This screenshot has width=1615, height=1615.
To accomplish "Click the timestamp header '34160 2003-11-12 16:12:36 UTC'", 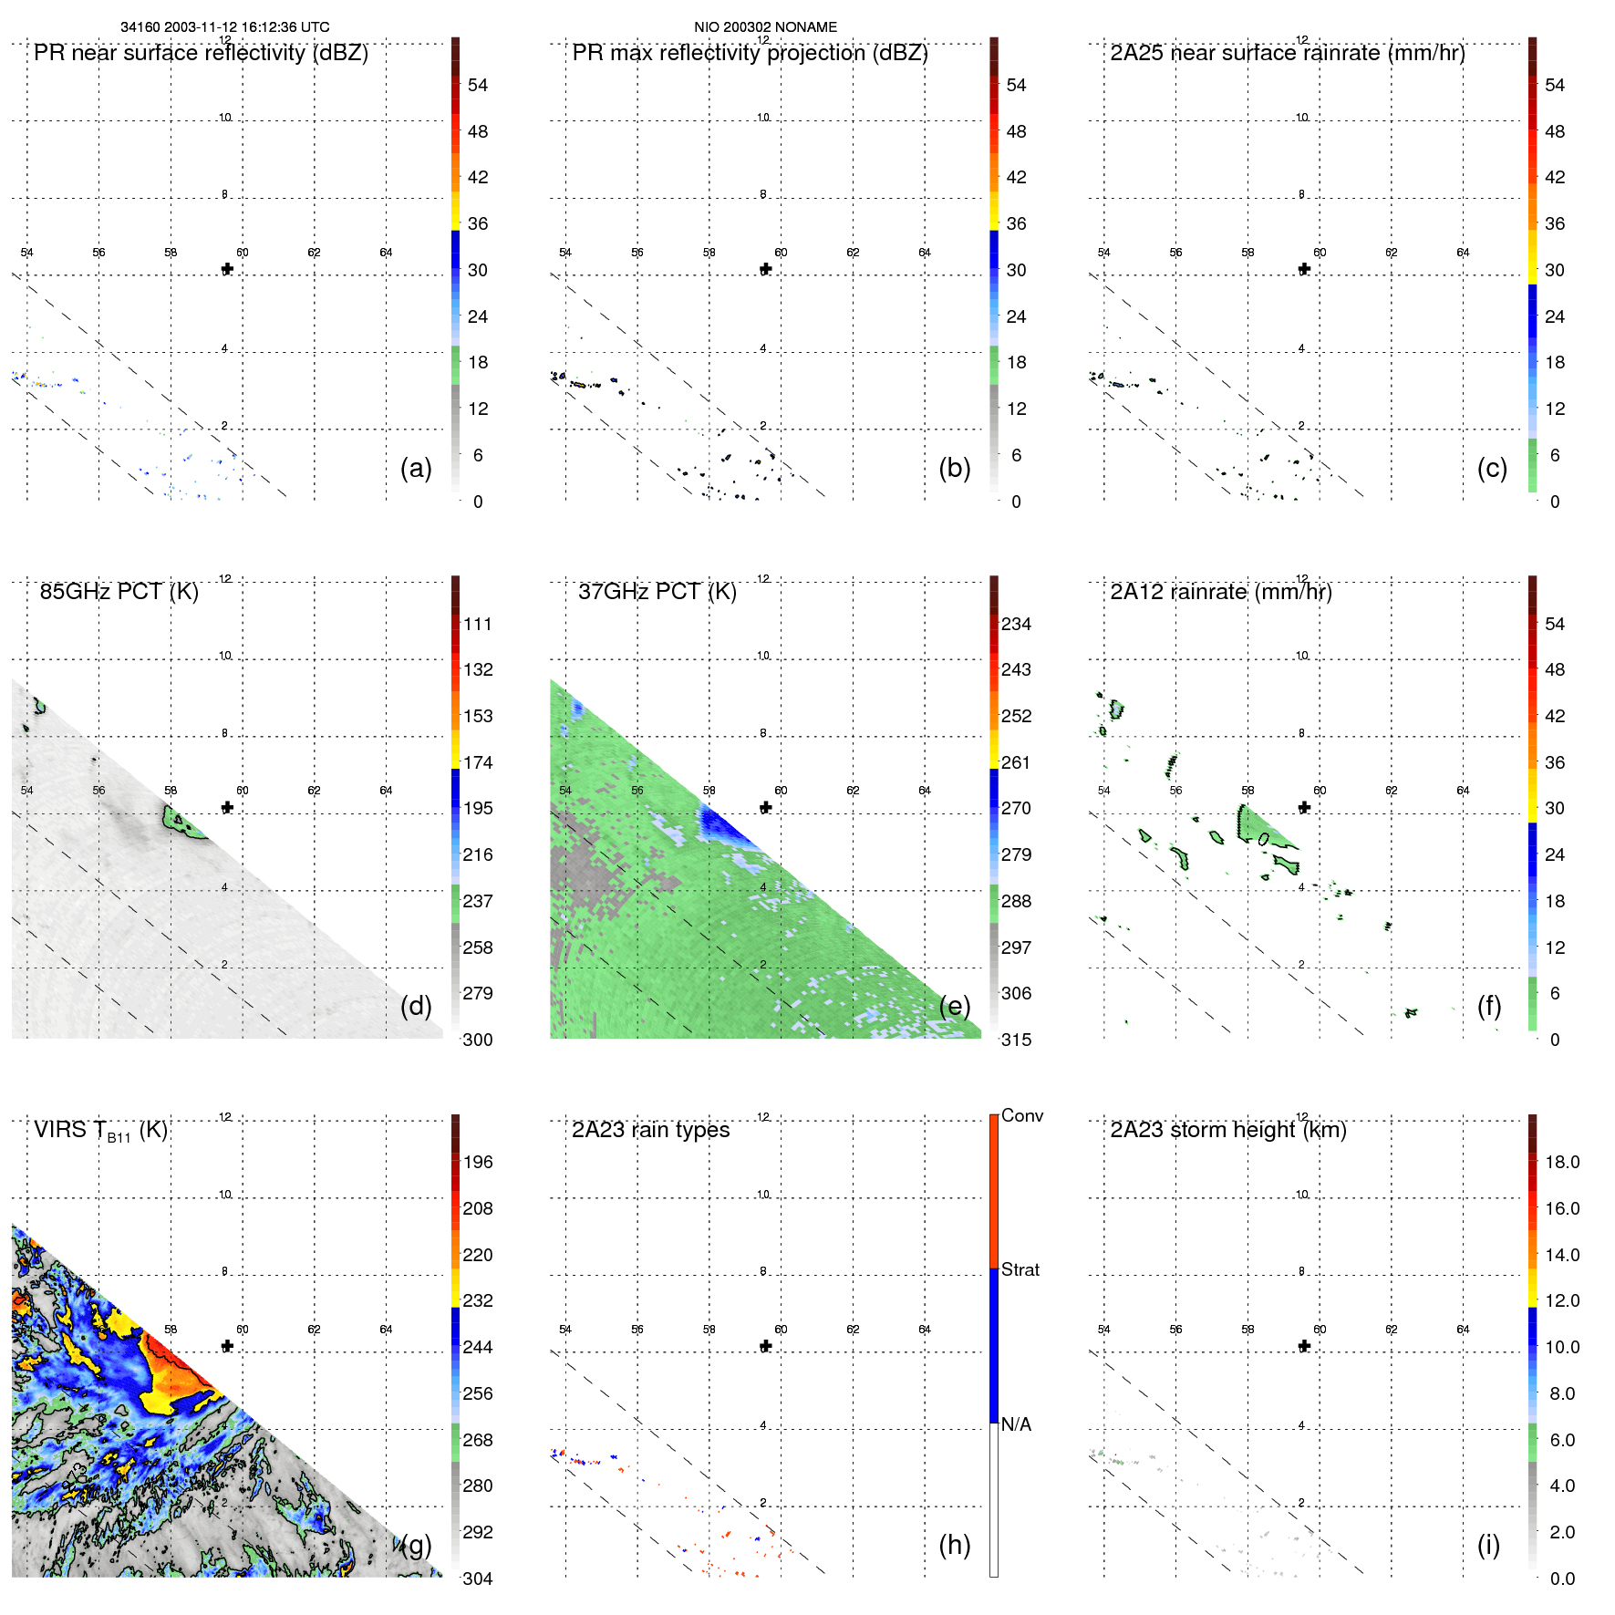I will (x=224, y=27).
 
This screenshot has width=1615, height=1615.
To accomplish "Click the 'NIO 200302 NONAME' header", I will (x=765, y=27).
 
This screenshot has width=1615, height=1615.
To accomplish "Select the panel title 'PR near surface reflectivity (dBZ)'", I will (x=201, y=53).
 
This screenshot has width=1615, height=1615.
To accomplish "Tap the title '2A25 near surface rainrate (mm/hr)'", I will (x=1288, y=53).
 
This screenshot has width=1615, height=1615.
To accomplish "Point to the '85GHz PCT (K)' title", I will (x=119, y=592).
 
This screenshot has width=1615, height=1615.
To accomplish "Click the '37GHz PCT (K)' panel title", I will (x=657, y=592).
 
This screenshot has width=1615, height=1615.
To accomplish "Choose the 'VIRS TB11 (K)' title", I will (x=100, y=1131).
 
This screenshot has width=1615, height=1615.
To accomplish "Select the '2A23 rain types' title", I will (x=650, y=1131).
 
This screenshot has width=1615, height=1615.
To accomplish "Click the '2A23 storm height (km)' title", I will (x=1228, y=1131).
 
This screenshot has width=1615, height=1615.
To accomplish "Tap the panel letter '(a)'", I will (x=416, y=468).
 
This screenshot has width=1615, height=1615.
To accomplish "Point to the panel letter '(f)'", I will (x=1488, y=1006).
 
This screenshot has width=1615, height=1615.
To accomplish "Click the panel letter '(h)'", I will (x=954, y=1545).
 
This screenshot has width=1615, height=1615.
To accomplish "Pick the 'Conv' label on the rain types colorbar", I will (x=1021, y=1116).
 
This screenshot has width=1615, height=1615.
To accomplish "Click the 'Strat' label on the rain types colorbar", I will (x=1020, y=1270).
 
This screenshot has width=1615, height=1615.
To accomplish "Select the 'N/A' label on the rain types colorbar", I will (x=1016, y=1424).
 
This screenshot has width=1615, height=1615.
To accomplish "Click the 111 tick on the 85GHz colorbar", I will (x=477, y=625).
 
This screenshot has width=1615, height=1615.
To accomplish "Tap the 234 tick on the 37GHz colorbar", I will (x=1016, y=625).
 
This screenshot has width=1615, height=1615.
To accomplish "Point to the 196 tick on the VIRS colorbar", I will (x=477, y=1163).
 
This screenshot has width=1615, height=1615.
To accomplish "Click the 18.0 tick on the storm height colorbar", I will (x=1561, y=1163).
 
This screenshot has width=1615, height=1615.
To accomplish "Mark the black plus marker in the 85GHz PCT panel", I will (x=227, y=808).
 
